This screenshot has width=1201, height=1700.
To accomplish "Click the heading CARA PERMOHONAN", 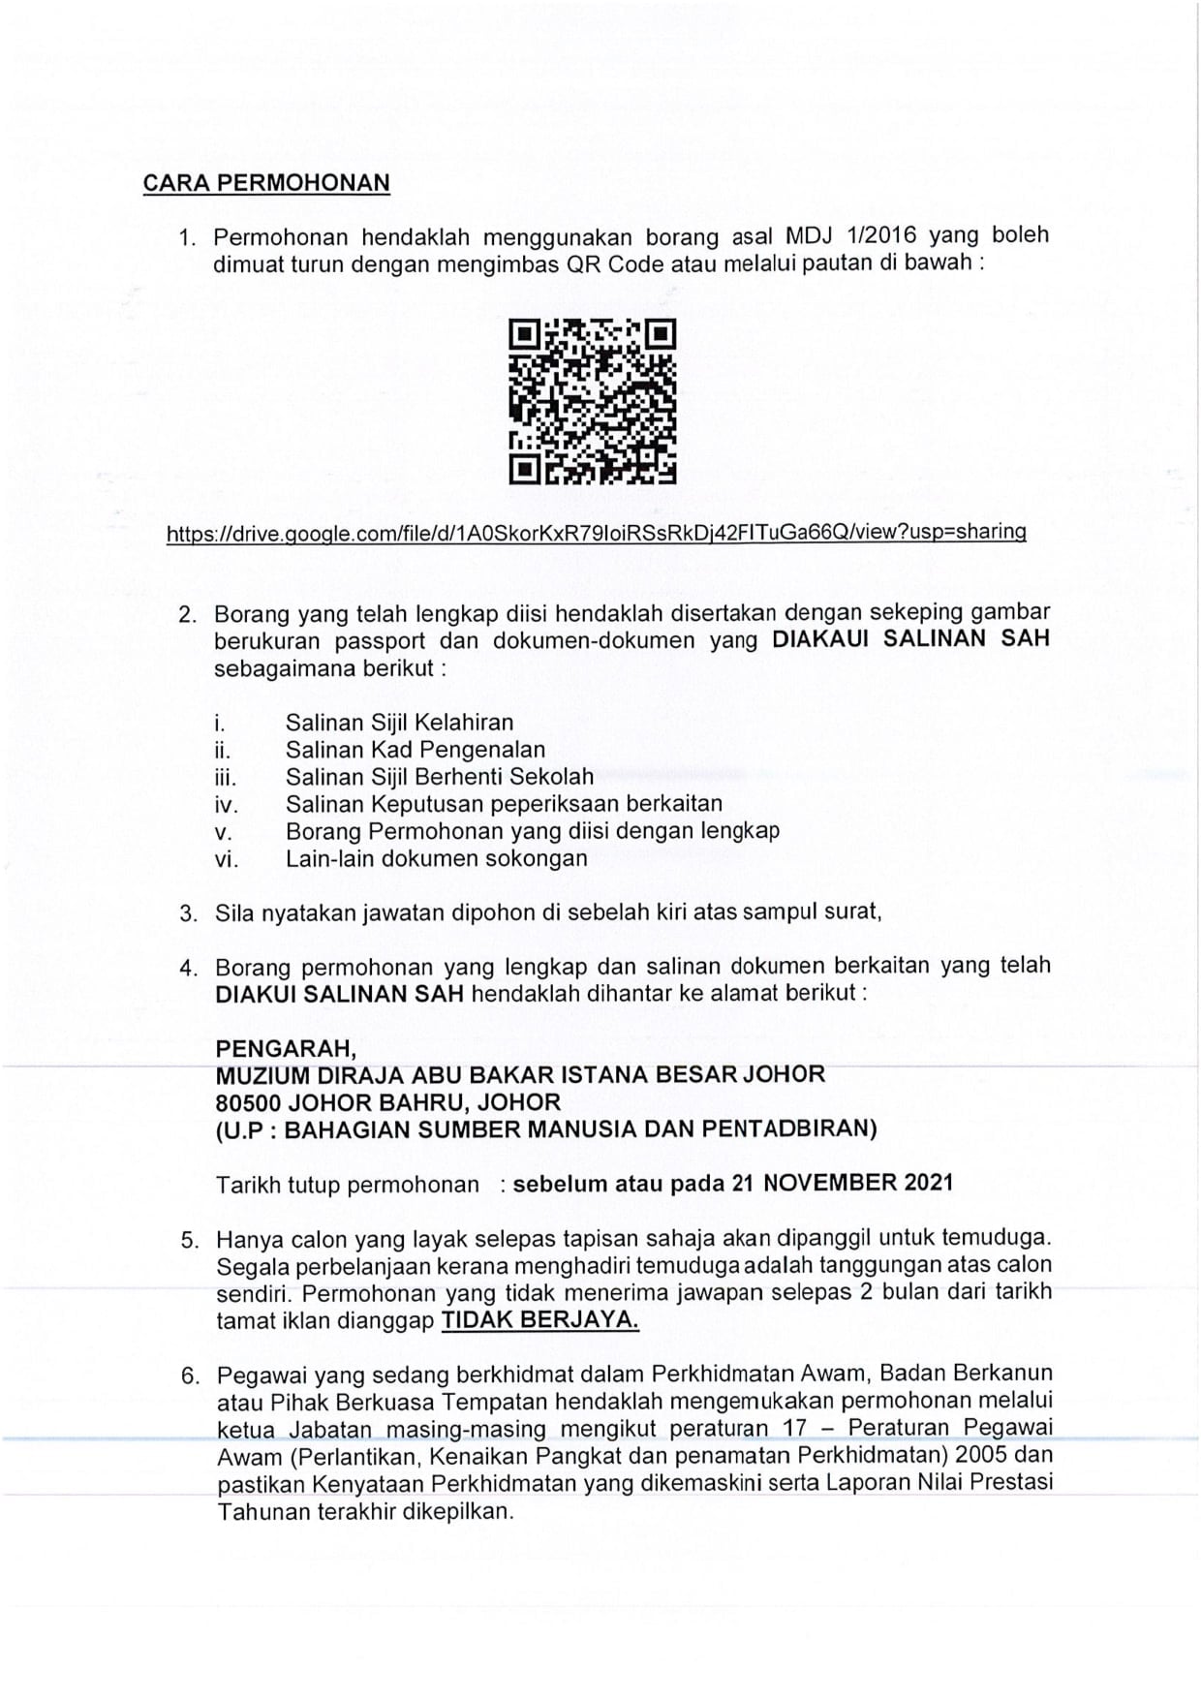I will pos(266,183).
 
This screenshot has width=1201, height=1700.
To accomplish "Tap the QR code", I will pos(592,400).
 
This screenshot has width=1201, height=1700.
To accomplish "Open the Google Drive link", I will pos(596,532).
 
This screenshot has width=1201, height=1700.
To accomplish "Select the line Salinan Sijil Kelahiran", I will pos(399,722).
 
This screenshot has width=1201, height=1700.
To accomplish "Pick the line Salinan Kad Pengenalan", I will pos(415,749).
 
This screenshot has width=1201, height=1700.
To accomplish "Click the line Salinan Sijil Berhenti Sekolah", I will pos(439,776).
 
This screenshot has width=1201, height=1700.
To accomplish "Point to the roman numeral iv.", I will pos(226,804).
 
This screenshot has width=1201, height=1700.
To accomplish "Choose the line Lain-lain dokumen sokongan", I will pos(436,858).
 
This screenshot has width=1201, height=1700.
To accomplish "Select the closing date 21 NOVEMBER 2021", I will pos(858,1182).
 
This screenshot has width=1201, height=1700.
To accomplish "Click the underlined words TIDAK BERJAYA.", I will pos(539,1319).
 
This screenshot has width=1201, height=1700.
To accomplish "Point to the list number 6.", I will pos(190,1375).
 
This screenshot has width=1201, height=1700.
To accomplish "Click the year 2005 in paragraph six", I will pos(983,1454).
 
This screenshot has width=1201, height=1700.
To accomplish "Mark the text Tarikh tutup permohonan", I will pos(347,1184).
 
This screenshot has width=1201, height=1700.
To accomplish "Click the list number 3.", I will pos(189,913).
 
